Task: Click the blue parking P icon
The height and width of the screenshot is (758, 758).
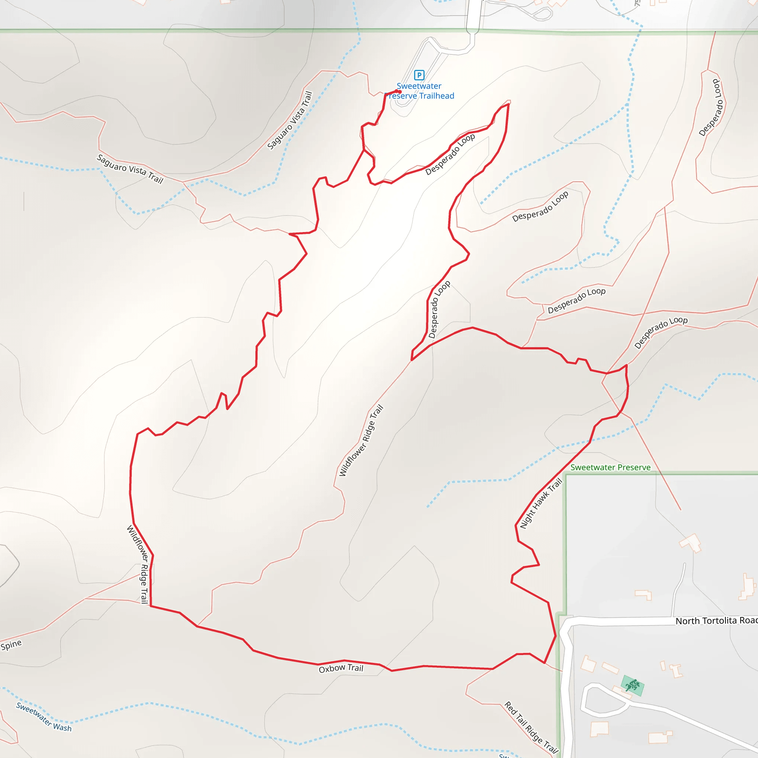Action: pyautogui.click(x=419, y=75)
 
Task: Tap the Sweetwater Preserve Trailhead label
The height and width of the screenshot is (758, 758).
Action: pyautogui.click(x=419, y=91)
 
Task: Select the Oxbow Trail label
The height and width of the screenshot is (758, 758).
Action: pyautogui.click(x=341, y=668)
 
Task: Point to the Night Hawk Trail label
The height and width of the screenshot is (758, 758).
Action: pyautogui.click(x=541, y=504)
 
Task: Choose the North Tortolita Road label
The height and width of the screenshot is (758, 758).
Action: pyautogui.click(x=716, y=621)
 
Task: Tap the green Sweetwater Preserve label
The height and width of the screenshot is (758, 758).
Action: pyautogui.click(x=610, y=467)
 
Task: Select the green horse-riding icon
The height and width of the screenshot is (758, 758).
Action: pyautogui.click(x=632, y=685)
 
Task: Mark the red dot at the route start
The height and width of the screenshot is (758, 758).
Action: pyautogui.click(x=399, y=92)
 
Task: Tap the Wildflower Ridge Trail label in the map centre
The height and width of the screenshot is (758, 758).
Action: pyautogui.click(x=361, y=440)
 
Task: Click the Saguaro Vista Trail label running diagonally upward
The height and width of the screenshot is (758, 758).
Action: pyautogui.click(x=289, y=120)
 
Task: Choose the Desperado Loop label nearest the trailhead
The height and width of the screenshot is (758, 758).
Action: pyautogui.click(x=450, y=154)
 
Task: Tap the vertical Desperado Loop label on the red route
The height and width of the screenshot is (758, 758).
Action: pyautogui.click(x=439, y=309)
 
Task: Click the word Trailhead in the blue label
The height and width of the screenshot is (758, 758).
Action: pyautogui.click(x=436, y=96)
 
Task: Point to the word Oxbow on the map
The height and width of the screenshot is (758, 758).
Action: pyautogui.click(x=332, y=669)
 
